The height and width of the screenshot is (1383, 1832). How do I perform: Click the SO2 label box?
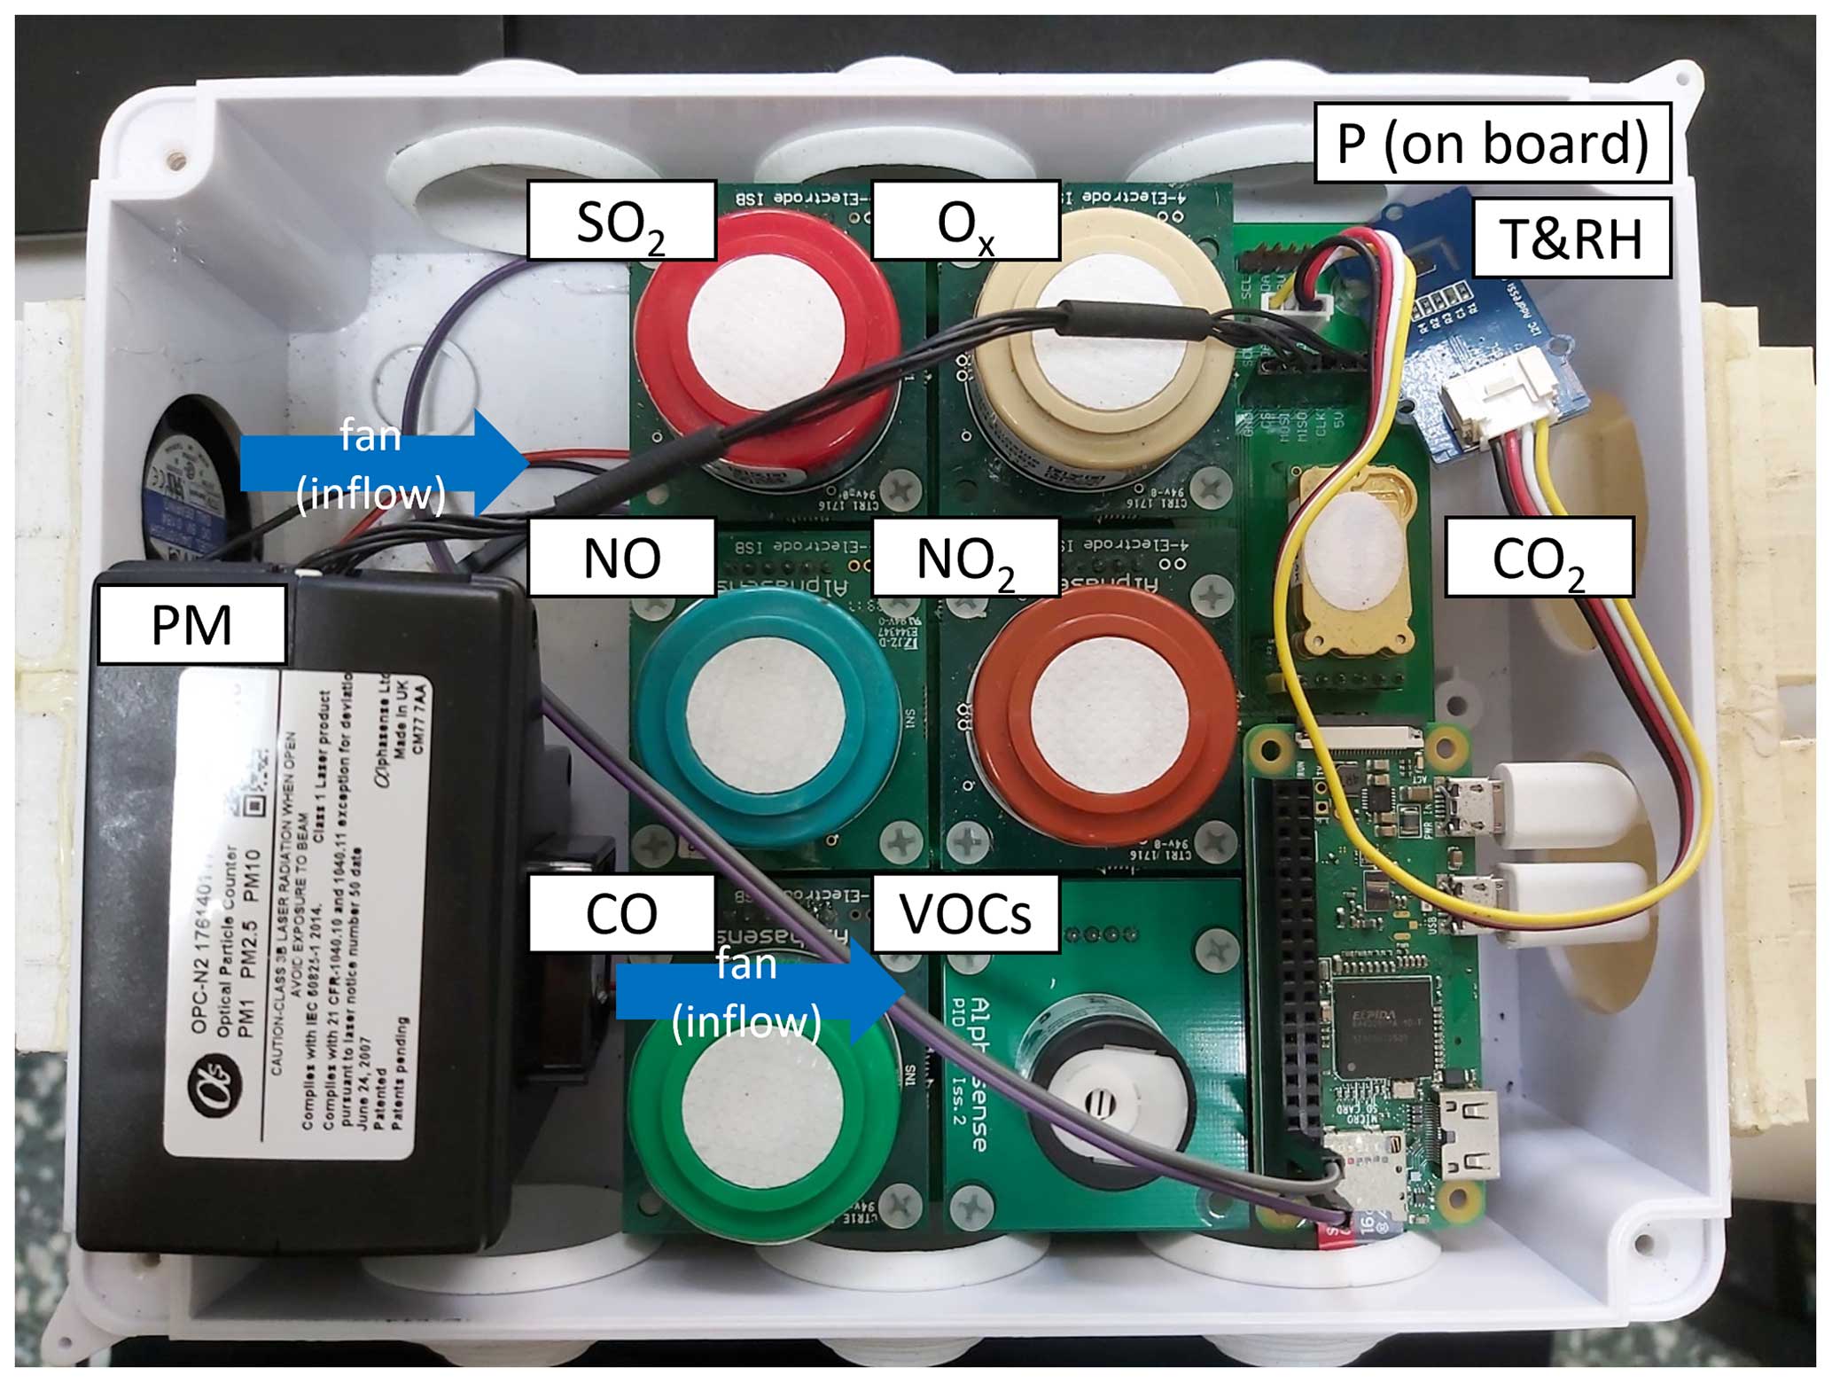[621, 221]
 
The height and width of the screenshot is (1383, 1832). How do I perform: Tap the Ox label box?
[965, 221]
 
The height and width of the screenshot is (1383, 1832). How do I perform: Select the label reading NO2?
[965, 557]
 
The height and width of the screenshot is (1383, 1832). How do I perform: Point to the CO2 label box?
[1539, 557]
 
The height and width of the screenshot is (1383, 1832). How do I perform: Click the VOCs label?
[965, 913]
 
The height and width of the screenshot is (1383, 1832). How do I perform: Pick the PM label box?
[191, 624]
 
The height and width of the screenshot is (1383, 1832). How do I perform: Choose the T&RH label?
[1571, 238]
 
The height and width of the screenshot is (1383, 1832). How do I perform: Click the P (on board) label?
[1492, 143]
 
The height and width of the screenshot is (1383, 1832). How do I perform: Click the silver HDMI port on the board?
[1467, 1135]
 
